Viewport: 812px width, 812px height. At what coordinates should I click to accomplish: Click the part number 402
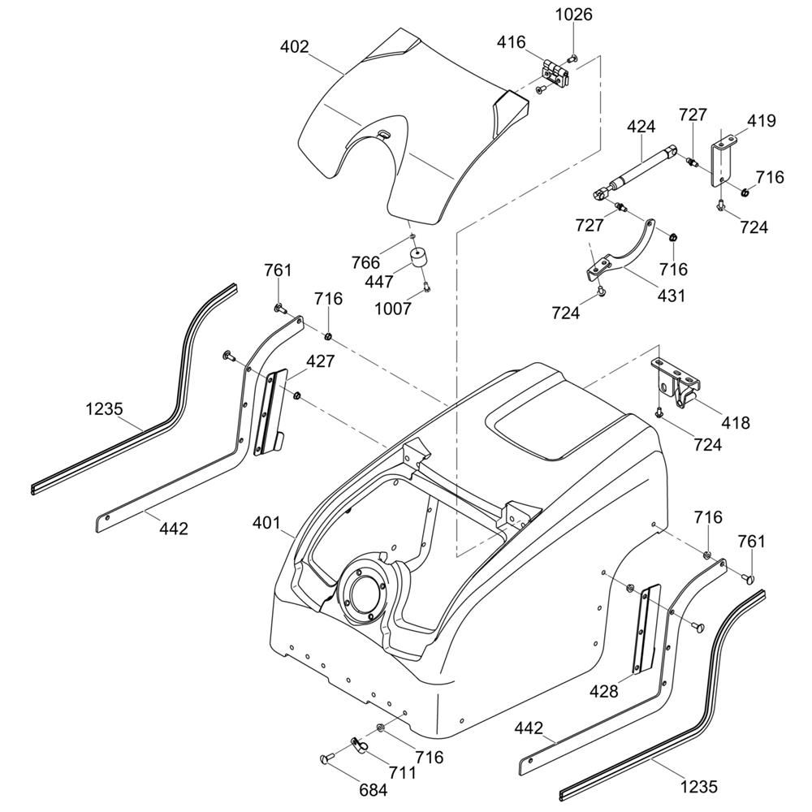pos(294,47)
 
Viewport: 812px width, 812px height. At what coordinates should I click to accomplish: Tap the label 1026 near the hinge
pos(573,15)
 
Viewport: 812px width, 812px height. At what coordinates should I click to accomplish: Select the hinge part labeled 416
pos(558,71)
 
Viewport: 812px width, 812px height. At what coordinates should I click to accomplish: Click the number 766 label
pos(365,261)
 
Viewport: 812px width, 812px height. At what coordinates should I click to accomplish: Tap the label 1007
pos(394,308)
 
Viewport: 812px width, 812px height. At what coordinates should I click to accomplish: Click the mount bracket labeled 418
pos(676,382)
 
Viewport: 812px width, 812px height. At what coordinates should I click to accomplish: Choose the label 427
pos(321,361)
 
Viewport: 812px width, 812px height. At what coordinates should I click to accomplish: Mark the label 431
pos(671,296)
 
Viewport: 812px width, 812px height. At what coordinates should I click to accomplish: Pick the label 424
pos(641,127)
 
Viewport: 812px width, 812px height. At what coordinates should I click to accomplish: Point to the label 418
pos(735,423)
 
